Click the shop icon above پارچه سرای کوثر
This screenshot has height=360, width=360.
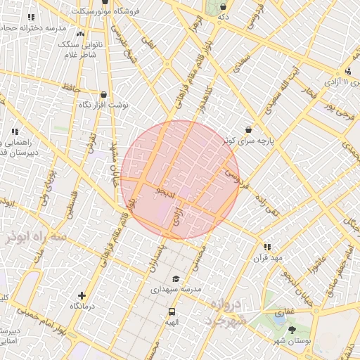(249, 129)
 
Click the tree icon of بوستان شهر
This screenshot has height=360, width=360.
(292, 330)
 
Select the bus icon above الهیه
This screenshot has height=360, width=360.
(172, 311)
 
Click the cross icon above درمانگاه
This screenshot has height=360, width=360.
(82, 296)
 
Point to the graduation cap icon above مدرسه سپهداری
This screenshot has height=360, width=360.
(175, 278)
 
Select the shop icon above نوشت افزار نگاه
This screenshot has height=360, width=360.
(104, 94)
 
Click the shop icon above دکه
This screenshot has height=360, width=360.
(223, 6)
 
